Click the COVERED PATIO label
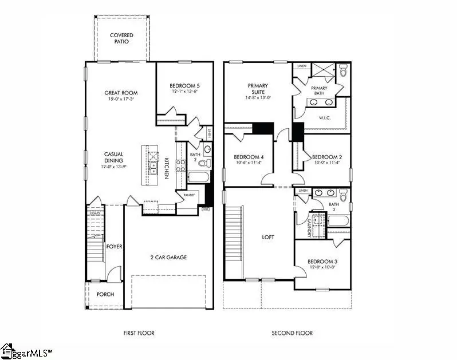click(x=121, y=38)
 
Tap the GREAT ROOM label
click(x=121, y=93)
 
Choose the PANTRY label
click(x=190, y=195)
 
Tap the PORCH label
click(x=105, y=294)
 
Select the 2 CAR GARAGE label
click(x=168, y=257)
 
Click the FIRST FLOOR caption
click(x=139, y=333)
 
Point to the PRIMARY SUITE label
click(x=258, y=89)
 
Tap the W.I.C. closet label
click(x=325, y=118)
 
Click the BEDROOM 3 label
click(x=324, y=261)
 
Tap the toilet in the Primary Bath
click(x=344, y=72)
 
